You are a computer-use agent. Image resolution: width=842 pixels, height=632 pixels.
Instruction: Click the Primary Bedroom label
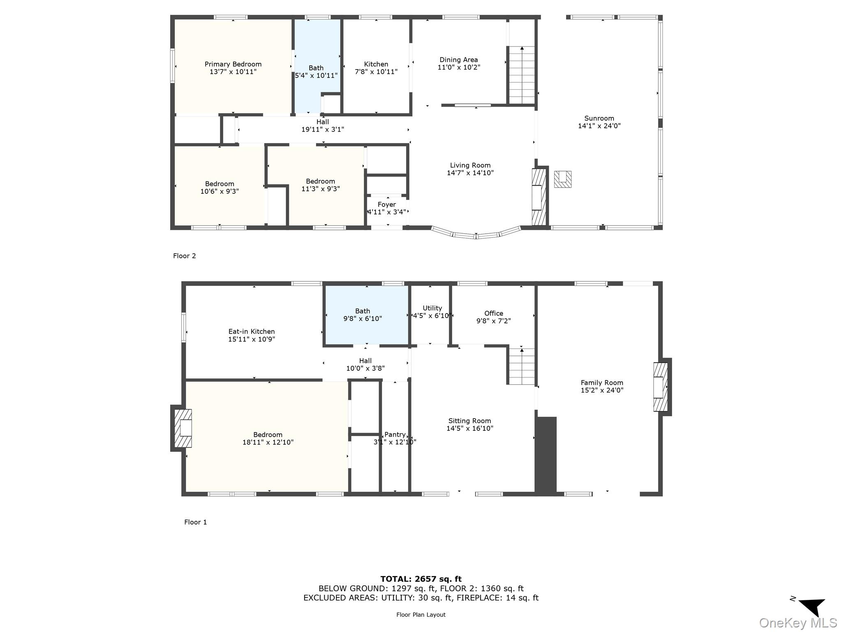point(233,64)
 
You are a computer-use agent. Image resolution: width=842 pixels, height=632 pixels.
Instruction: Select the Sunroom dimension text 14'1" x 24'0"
point(599,126)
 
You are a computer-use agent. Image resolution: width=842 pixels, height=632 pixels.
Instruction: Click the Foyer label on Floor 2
point(386,204)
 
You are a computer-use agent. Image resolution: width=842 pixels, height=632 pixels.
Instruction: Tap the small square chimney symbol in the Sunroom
point(562,179)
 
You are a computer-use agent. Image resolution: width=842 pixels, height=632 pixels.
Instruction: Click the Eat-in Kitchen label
point(251,331)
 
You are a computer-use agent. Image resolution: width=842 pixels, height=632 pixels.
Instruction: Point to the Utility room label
point(432,308)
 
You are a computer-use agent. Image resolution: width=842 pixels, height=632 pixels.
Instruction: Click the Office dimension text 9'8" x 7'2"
point(493,321)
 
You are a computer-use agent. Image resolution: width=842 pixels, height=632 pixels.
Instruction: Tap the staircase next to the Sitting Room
point(522,366)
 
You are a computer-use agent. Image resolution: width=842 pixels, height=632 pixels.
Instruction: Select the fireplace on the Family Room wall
point(660,387)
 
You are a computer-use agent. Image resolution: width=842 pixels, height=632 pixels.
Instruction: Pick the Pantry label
point(395,434)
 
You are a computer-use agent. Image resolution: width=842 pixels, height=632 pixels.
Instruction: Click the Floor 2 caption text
point(184,256)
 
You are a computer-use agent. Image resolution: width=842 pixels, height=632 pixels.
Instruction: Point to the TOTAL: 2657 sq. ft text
point(421,579)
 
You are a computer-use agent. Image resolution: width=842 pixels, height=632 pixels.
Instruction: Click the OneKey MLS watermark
point(798,623)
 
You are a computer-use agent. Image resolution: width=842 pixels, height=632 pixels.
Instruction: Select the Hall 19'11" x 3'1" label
point(322,125)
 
